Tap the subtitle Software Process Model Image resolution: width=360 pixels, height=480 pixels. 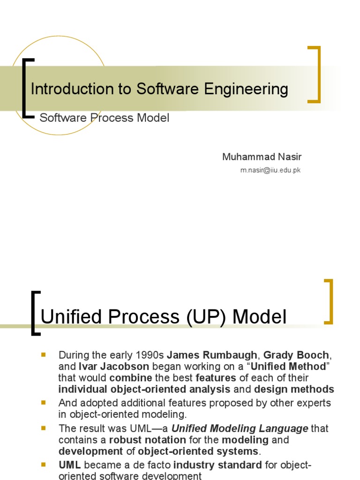pyautogui.click(x=104, y=118)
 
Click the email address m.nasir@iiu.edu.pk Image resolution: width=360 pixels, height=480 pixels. pyautogui.click(x=270, y=170)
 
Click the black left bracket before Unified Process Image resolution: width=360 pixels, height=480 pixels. pyautogui.click(x=34, y=313)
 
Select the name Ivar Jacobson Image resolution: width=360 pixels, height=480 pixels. pyautogui.click(x=111, y=366)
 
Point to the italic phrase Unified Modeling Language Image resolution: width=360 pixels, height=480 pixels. pyautogui.click(x=240, y=428)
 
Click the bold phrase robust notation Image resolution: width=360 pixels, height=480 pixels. pyautogui.click(x=147, y=440)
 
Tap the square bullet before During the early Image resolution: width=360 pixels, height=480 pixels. pyautogui.click(x=44, y=354)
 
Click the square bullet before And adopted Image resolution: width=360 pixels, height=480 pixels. pyautogui.click(x=44, y=403)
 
